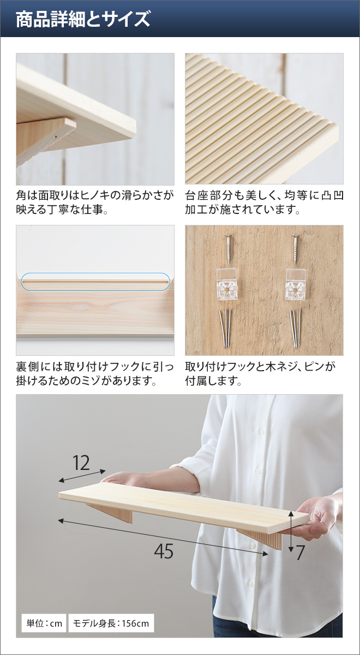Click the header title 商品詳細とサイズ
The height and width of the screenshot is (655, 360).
tap(82, 20)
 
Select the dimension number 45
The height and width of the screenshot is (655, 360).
tap(164, 552)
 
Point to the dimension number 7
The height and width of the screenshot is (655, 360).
tap(300, 553)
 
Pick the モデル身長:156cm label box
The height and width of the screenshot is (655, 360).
tap(111, 623)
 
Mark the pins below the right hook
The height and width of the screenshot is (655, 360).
tap(295, 327)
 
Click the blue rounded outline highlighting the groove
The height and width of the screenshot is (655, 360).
tap(95, 281)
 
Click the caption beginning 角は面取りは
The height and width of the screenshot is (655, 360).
tap(95, 202)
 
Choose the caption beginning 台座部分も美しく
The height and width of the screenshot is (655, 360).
tap(264, 202)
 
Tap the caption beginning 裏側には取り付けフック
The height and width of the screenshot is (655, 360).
tap(95, 373)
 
